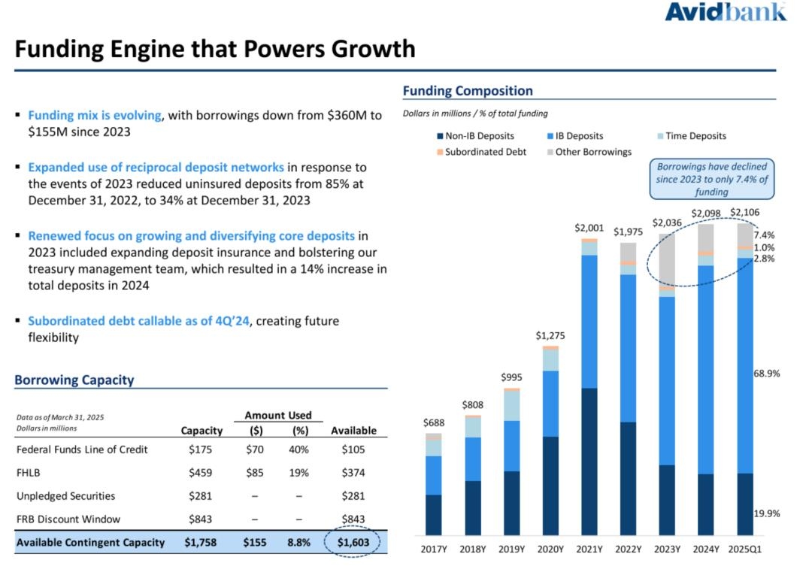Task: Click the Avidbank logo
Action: [725, 13]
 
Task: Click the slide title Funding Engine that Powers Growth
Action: [215, 49]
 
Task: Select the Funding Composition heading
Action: [468, 91]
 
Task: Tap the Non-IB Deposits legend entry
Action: [474, 136]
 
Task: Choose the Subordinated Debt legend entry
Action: [480, 152]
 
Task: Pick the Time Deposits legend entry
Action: [691, 136]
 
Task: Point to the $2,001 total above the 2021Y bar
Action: [589, 227]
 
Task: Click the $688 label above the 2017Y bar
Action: [434, 423]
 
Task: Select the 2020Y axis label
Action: [550, 549]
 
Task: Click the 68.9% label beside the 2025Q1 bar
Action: [766, 374]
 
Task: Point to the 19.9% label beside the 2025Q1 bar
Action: [766, 513]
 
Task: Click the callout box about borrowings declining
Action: [712, 179]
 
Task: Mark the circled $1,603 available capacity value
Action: [353, 542]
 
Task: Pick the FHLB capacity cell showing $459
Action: [201, 473]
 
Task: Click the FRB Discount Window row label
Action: [68, 519]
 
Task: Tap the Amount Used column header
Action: [278, 415]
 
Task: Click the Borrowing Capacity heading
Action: [74, 380]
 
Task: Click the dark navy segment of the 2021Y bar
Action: [589, 462]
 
